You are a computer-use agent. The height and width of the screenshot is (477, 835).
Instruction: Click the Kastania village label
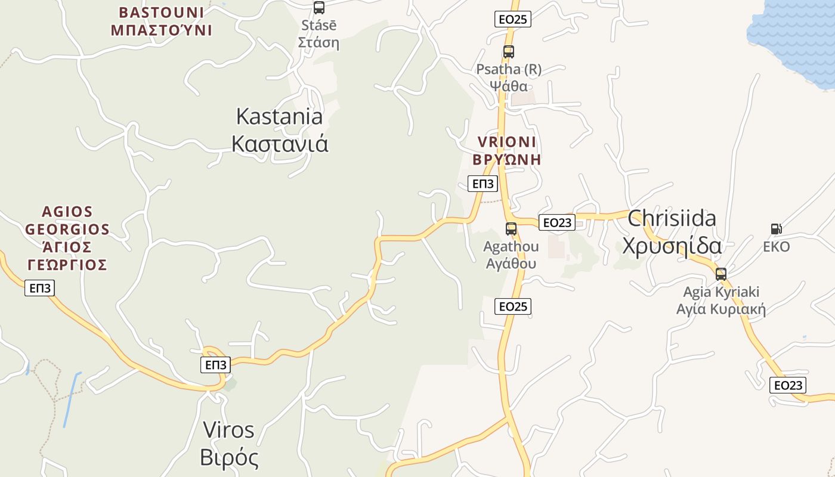click(x=280, y=129)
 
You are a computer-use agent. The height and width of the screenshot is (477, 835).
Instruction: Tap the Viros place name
click(x=229, y=444)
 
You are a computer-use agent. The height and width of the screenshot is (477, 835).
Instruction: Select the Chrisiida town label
click(x=672, y=232)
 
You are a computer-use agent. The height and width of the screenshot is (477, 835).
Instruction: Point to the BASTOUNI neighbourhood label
click(x=161, y=21)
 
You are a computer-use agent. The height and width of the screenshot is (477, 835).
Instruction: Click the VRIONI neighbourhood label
click(x=507, y=150)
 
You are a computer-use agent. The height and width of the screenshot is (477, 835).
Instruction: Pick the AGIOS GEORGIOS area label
click(x=67, y=238)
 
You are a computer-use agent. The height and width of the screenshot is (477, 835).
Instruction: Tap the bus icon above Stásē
click(x=319, y=8)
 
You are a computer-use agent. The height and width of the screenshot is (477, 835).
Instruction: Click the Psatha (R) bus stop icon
click(x=509, y=52)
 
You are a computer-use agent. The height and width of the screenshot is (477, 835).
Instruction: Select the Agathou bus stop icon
click(x=511, y=228)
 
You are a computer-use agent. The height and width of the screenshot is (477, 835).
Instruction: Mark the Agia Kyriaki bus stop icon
click(x=721, y=274)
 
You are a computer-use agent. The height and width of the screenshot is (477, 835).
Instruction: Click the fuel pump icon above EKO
click(x=776, y=228)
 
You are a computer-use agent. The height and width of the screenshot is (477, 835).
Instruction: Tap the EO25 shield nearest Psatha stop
click(x=513, y=19)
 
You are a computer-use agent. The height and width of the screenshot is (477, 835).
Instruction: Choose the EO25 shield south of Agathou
click(x=513, y=306)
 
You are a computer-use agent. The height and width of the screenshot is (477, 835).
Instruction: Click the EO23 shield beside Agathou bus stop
click(x=556, y=222)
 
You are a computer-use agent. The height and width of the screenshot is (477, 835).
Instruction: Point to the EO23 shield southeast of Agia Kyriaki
click(x=788, y=385)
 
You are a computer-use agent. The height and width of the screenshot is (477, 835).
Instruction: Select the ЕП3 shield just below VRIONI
click(x=484, y=184)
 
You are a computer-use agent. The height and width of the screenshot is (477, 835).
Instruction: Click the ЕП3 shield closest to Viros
click(x=215, y=365)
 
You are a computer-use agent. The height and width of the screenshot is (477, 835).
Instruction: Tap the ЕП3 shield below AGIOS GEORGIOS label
click(x=41, y=289)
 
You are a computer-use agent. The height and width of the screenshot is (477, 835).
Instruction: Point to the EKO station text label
click(x=777, y=247)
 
